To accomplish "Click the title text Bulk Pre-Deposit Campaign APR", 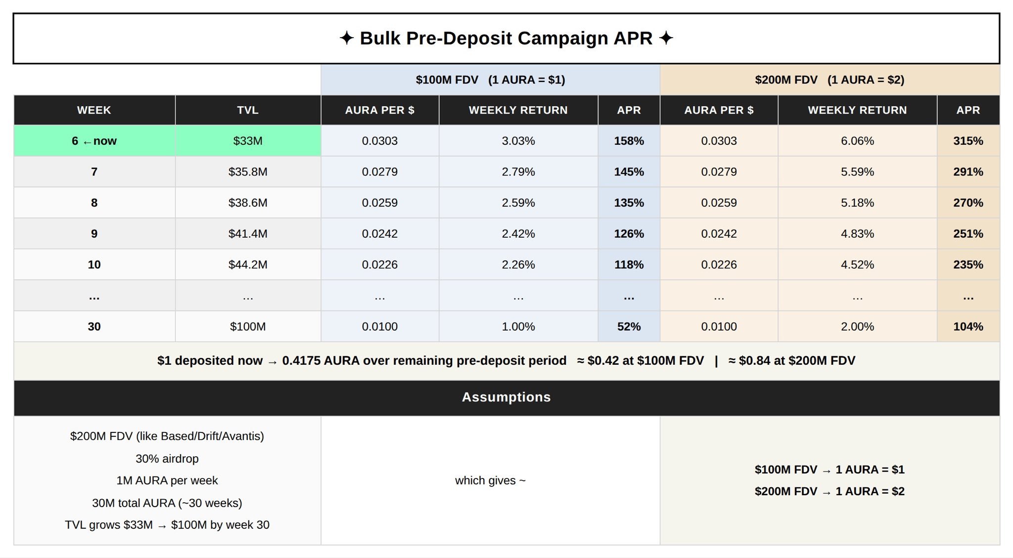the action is point(506,39).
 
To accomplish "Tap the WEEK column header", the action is point(94,110).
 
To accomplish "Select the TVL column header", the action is point(248,110).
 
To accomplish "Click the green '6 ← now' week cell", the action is point(94,141).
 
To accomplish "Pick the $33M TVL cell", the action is point(248,141).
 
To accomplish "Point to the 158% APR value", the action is point(629,141).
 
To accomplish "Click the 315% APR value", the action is point(968,141).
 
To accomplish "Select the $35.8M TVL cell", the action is point(248,172).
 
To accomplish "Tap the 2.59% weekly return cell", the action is point(518,203).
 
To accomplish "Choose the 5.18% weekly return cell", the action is point(857,203).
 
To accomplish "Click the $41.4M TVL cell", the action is point(248,234).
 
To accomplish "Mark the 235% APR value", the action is point(968,264).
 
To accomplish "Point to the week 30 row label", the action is point(94,327).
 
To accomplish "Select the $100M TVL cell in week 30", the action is point(248,327).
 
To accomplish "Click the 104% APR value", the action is point(968,327).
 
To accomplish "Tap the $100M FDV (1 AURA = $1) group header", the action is point(490,80).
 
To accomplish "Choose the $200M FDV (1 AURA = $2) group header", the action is point(829,80).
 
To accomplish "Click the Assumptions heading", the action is point(506,397).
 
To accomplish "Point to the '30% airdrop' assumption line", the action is point(167,459).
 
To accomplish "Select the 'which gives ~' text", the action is point(490,480).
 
